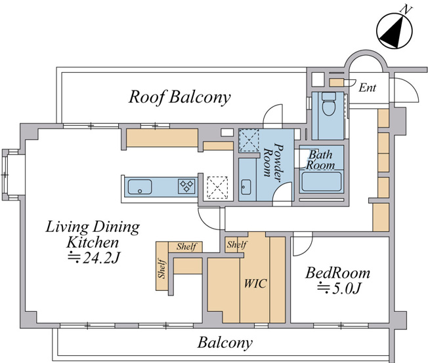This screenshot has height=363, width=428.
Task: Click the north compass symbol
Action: click(395, 31)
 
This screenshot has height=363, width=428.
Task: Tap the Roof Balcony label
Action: click(180, 97)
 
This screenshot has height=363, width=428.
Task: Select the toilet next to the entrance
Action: click(329, 104)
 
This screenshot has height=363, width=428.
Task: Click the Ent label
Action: click(368, 88)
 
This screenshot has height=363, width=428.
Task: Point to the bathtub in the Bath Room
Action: click(321, 181)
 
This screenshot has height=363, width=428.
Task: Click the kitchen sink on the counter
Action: click(140, 187)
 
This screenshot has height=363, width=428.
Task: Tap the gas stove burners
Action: click(186, 186)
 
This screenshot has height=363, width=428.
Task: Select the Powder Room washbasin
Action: click(246, 187)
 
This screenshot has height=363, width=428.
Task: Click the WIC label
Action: click(255, 284)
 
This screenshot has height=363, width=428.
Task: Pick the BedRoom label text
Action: click(337, 273)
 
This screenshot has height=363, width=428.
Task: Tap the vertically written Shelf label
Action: click(161, 269)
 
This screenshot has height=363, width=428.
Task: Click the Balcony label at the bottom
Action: click(225, 343)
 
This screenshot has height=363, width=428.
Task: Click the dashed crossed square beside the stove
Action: click(217, 187)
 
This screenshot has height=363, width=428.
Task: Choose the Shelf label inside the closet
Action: click(237, 244)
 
